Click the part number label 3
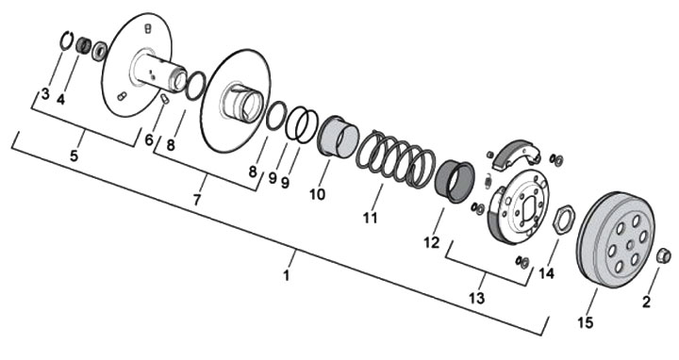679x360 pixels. pyautogui.click(x=45, y=94)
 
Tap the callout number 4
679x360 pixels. pyautogui.click(x=60, y=100)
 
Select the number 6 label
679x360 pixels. pyautogui.click(x=149, y=139)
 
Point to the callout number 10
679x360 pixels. pyautogui.click(x=317, y=194)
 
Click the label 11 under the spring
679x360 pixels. pyautogui.click(x=371, y=218)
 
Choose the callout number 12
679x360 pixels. pyautogui.click(x=432, y=243)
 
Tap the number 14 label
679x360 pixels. pyautogui.click(x=546, y=273)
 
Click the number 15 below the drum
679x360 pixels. pyautogui.click(x=585, y=322)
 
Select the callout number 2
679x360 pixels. pyautogui.click(x=646, y=302)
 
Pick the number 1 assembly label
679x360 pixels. pyautogui.click(x=286, y=275)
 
